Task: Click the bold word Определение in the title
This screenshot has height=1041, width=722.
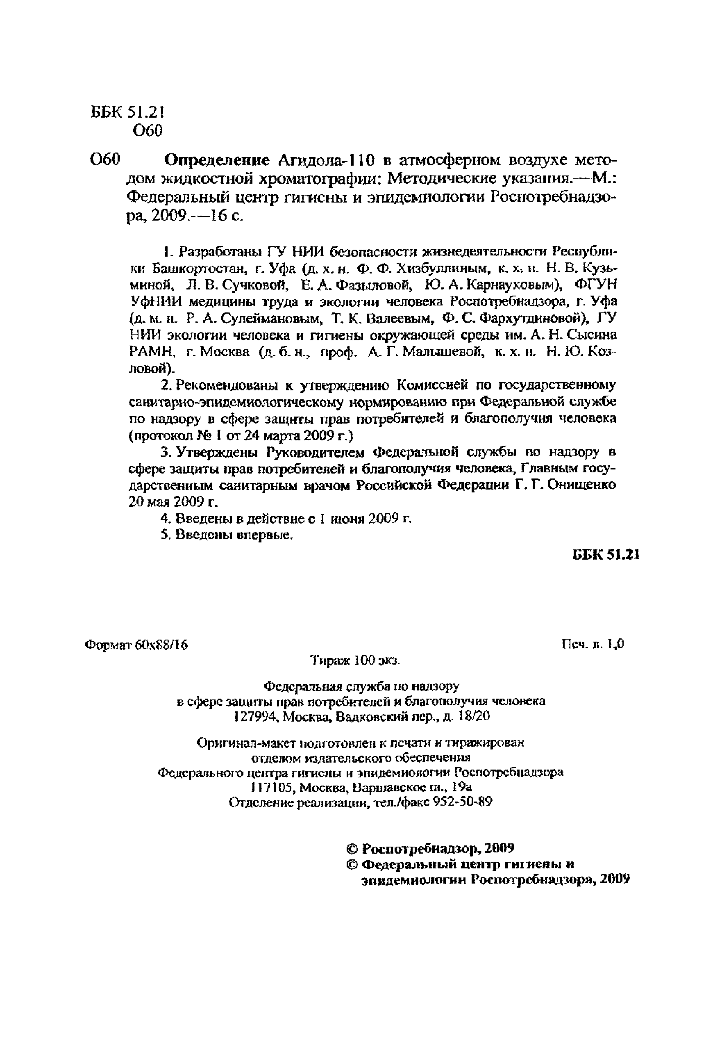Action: coord(216,160)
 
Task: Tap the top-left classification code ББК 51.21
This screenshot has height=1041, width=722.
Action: coord(127,112)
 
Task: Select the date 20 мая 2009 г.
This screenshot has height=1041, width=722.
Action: coord(173,502)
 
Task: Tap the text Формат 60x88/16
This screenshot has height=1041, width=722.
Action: coord(136,645)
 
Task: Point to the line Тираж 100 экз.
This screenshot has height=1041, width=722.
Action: coord(355,661)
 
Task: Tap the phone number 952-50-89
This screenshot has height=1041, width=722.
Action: coord(462,802)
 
